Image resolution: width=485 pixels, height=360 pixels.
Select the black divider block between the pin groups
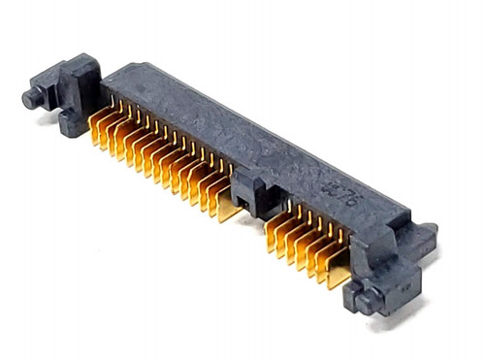click(250, 190)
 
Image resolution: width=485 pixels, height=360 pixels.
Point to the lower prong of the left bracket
click(71, 125)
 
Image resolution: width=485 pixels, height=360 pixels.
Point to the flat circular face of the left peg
click(28, 97)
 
